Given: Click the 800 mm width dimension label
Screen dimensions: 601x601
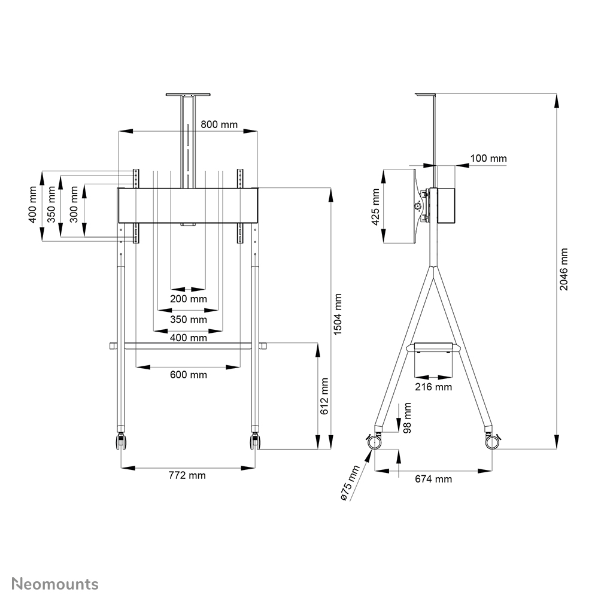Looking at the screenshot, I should tap(218, 125).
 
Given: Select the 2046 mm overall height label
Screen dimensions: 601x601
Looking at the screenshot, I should tap(563, 269).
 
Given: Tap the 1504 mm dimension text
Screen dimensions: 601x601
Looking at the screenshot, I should tap(338, 314).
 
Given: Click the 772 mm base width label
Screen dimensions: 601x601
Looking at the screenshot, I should tap(187, 475).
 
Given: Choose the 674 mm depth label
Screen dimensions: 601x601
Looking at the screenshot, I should tap(433, 479).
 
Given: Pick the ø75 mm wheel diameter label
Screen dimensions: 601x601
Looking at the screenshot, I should tap(349, 482).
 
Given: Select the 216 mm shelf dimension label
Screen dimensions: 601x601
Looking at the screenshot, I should tap(433, 387).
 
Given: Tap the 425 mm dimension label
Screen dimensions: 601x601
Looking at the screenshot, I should tap(375, 206).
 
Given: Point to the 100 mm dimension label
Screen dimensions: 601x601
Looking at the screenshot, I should tap(488, 159).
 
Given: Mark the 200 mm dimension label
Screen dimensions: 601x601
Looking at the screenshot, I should tap(188, 298).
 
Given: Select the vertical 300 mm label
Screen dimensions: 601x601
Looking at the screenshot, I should tap(74, 204).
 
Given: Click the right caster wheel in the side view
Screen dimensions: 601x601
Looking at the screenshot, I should tap(493, 442).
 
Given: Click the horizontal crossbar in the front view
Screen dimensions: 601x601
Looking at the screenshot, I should tap(188, 346).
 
